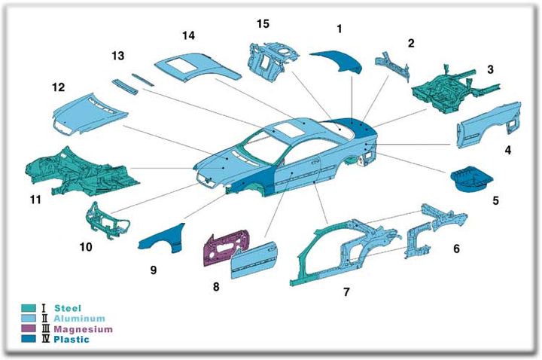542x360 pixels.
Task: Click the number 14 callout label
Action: tap(187, 35)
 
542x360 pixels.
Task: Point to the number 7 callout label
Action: tap(346, 291)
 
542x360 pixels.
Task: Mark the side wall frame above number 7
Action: tap(339, 249)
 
